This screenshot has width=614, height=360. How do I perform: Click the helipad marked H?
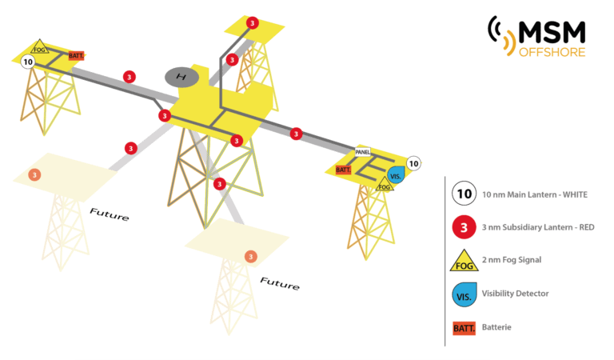click(181, 77)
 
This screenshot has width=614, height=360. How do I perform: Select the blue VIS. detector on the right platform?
click(395, 175)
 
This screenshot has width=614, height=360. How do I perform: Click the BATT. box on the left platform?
click(77, 55)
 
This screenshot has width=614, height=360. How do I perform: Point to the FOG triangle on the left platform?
click(40, 46)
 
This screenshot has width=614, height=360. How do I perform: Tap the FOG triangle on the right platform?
click(385, 186)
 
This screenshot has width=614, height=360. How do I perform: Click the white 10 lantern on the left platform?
click(29, 61)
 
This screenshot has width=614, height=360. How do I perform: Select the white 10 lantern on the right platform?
click(413, 164)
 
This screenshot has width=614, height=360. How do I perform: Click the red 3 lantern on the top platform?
click(253, 22)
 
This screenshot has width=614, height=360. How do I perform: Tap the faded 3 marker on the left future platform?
click(34, 175)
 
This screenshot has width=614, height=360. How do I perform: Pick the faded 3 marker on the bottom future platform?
click(250, 256)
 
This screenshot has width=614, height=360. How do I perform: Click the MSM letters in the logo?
click(552, 31)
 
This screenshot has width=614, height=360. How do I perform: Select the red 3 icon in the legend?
click(464, 227)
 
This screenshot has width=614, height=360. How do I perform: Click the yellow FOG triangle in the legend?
click(464, 262)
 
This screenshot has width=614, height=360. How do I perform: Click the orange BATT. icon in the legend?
click(464, 327)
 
